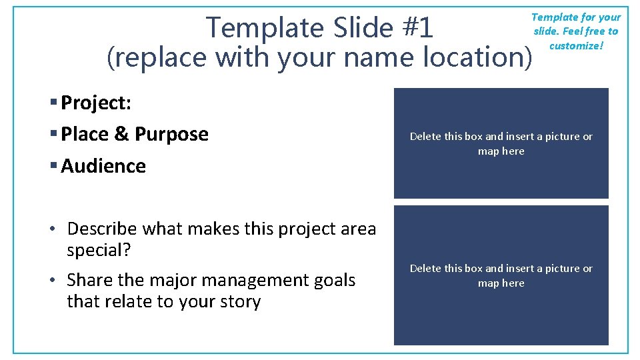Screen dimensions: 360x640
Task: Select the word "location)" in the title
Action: [479, 57]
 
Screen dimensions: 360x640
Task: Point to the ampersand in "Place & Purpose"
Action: [121, 135]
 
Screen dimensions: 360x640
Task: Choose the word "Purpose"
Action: [171, 135]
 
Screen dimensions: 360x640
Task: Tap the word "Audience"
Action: [103, 166]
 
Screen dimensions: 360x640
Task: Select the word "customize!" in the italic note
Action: [577, 46]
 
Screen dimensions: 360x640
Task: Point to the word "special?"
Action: [99, 251]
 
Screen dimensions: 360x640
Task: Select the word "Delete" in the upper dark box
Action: [425, 137]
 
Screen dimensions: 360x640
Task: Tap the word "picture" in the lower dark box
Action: [559, 269]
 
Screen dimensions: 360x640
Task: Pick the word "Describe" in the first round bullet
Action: [103, 229]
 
